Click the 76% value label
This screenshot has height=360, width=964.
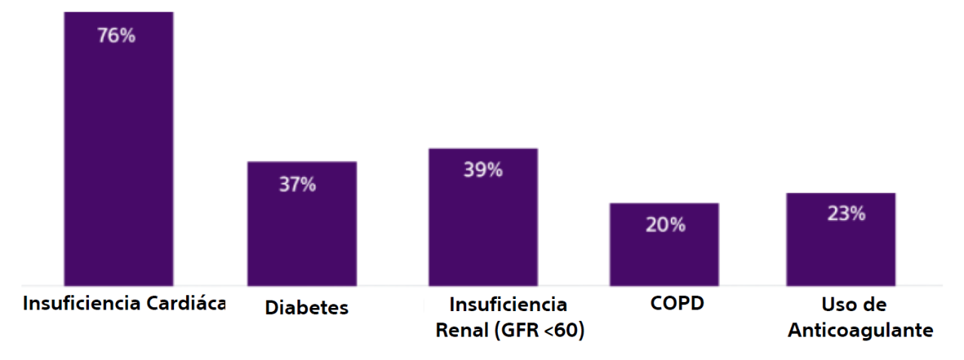pos(117,35)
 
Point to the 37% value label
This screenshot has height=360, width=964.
pos(297,185)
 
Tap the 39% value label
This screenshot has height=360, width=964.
pos(483,170)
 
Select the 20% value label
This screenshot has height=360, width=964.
pos(665,224)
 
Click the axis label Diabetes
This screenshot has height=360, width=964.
pos(307,308)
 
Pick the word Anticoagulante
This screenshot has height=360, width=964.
pos(861,331)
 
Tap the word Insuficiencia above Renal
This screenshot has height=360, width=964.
pos(508,305)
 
